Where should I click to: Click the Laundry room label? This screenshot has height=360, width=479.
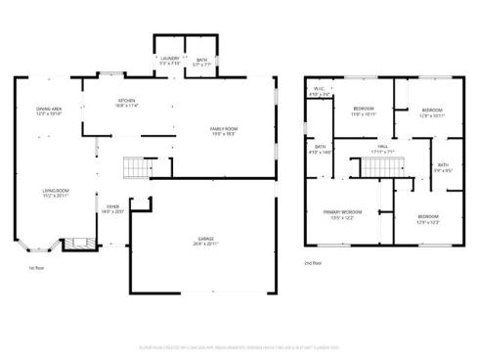tap(168, 61)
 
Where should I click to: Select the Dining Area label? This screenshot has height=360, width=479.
tap(49, 111)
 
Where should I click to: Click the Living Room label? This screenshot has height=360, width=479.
tap(54, 194)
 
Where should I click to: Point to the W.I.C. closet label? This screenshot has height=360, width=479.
tap(319, 93)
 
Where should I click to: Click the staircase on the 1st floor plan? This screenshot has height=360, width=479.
tap(136, 168)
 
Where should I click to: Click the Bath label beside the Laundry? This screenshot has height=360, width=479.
tap(201, 61)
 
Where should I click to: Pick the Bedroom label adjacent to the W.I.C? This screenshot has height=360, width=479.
tap(364, 111)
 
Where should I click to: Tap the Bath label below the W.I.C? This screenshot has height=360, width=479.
tap(321, 150)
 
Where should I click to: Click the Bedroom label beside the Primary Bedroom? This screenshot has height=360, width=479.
tap(428, 219)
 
